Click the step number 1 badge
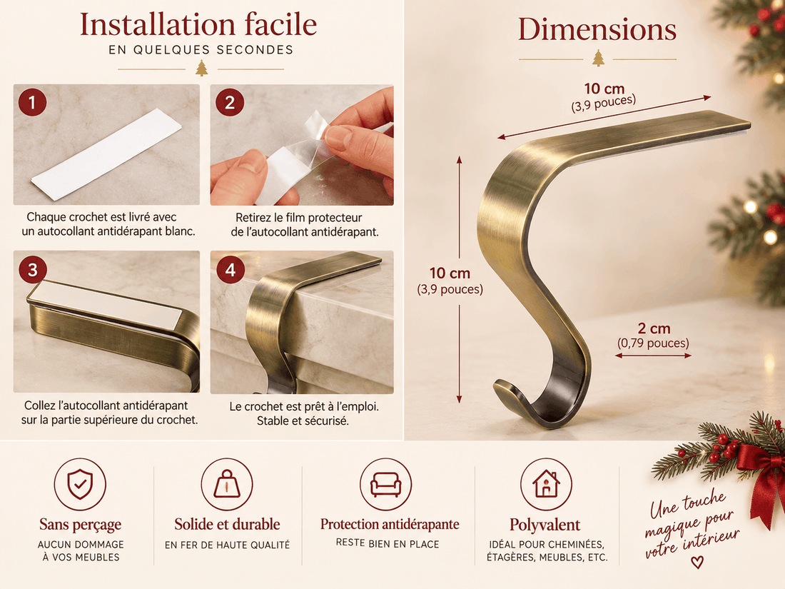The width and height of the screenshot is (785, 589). click(x=33, y=102)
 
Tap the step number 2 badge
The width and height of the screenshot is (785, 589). click(x=230, y=102)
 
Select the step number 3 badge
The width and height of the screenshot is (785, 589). click(x=33, y=269)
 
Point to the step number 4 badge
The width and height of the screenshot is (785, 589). click(x=231, y=269)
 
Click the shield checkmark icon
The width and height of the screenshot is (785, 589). click(x=80, y=484)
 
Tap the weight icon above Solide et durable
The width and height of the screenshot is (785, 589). click(x=227, y=484)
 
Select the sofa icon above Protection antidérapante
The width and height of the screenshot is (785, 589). click(x=385, y=484)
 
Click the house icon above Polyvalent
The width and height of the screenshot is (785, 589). click(x=546, y=484)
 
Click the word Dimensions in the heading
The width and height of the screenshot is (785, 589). click(x=597, y=29)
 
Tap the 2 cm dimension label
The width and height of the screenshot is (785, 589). click(x=654, y=328)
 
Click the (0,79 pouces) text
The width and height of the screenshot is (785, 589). click(x=653, y=343)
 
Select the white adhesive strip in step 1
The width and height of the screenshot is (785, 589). click(x=106, y=147)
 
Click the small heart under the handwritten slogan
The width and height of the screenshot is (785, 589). click(x=697, y=563)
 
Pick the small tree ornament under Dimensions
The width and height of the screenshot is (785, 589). click(x=598, y=58)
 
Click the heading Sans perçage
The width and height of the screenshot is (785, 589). click(x=80, y=525)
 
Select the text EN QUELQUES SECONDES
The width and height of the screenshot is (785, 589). click(x=201, y=49)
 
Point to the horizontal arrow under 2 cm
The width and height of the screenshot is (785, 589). click(x=653, y=356)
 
